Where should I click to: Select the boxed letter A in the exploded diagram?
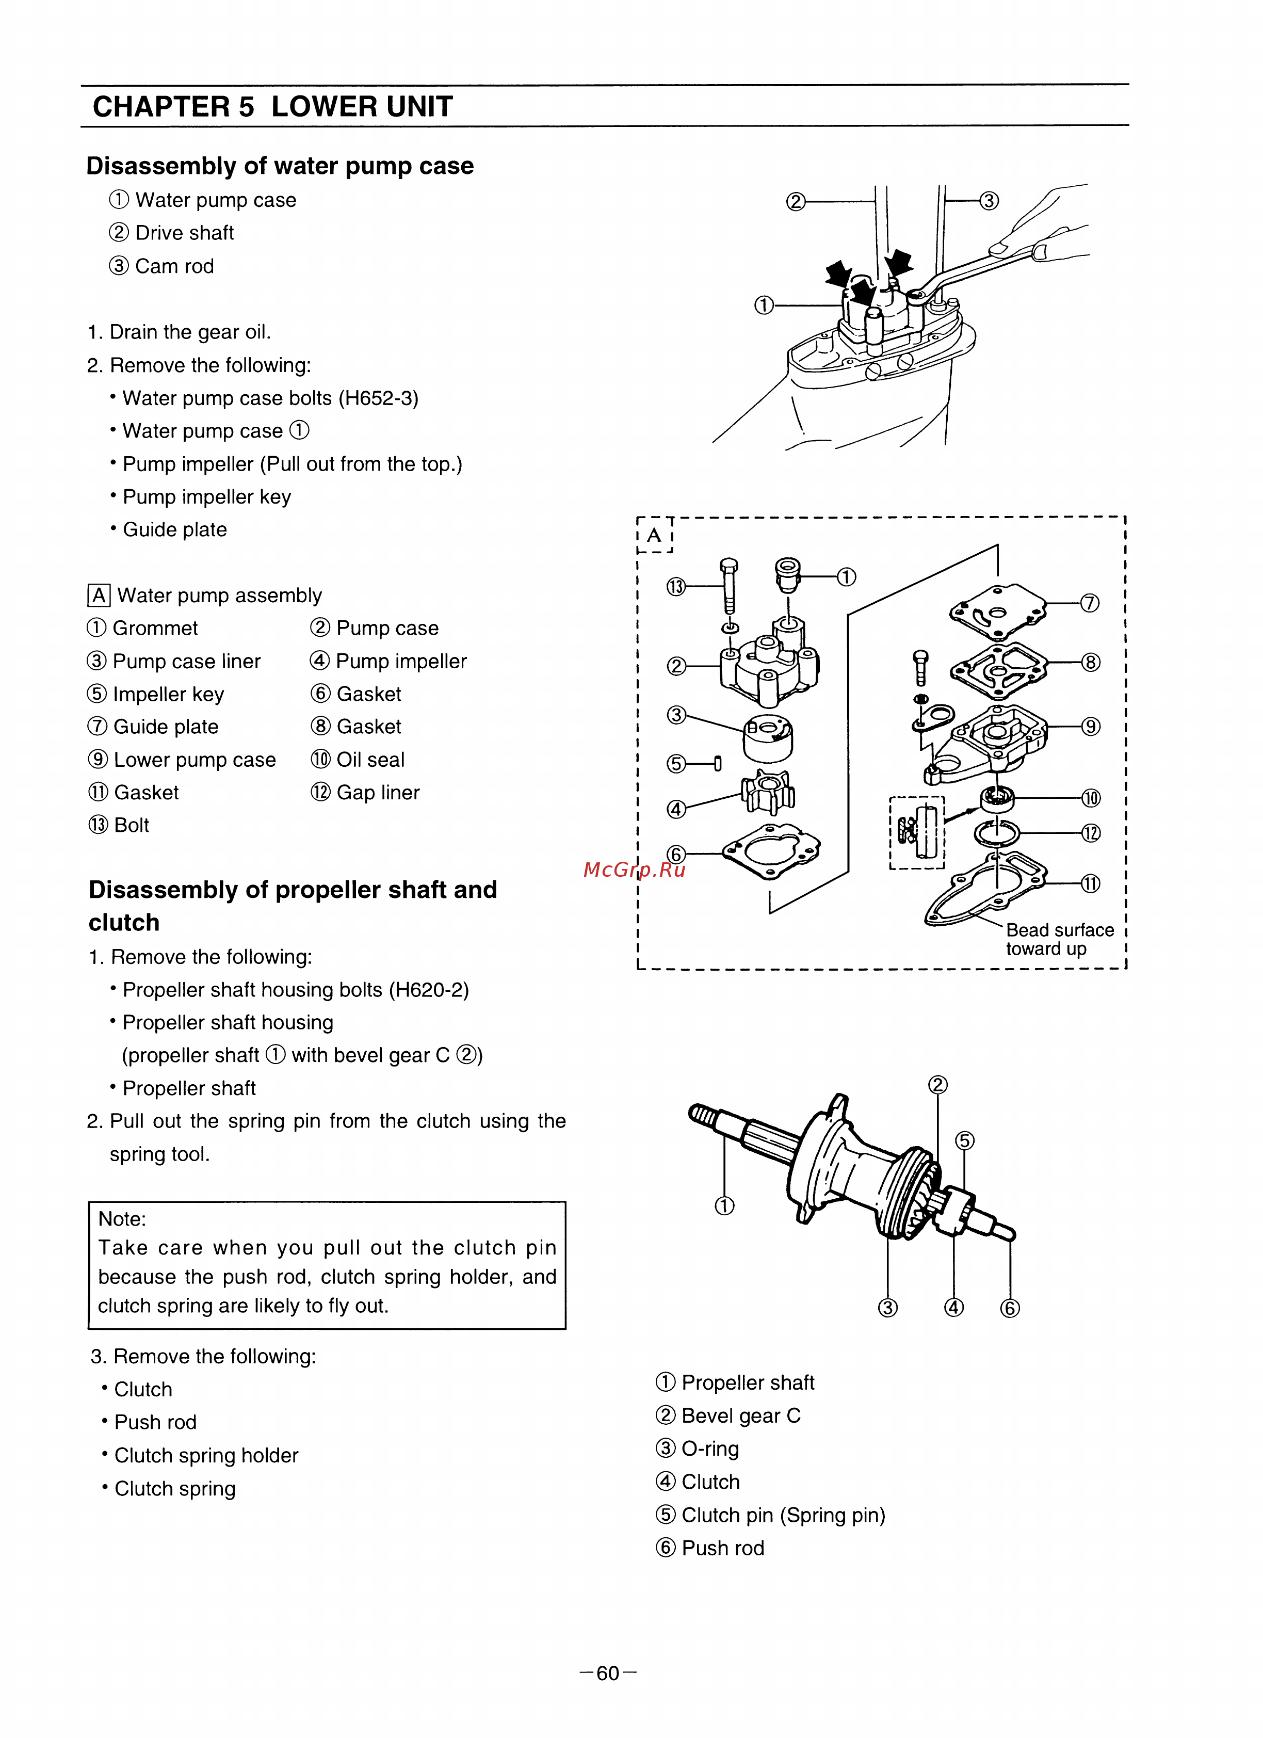coord(654,535)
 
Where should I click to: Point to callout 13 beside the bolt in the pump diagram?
coord(675,587)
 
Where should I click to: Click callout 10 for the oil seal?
coord(1091,798)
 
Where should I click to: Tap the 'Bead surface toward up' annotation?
coord(1059,939)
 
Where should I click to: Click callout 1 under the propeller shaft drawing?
coord(724,1205)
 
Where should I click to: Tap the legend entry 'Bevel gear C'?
coord(740,1415)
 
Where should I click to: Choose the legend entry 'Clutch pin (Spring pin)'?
coord(783,1515)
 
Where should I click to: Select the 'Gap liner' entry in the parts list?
coord(378,792)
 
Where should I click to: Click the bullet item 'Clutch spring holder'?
coord(205,1455)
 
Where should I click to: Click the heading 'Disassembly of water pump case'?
coord(280,166)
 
